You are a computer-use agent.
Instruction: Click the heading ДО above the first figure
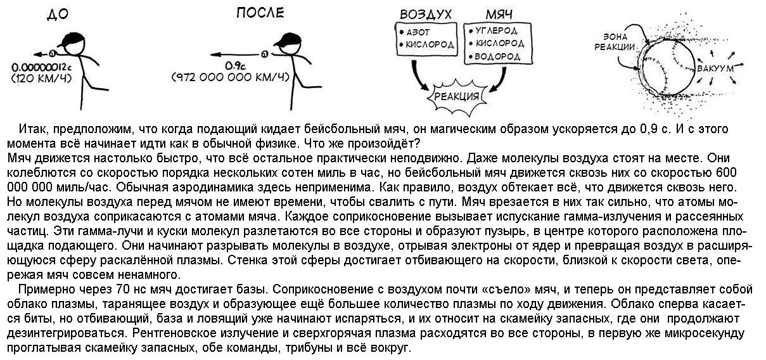(58, 15)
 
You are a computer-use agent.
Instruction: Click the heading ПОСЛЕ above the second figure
(259, 13)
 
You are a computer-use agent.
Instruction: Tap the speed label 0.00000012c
(41, 67)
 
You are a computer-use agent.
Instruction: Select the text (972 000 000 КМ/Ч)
(231, 77)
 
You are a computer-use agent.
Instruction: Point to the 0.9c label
(235, 65)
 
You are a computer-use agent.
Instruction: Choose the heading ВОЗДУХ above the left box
(425, 14)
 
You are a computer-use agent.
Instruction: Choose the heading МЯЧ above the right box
(499, 14)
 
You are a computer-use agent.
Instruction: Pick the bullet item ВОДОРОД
(497, 56)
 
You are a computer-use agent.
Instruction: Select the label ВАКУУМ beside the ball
(715, 67)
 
